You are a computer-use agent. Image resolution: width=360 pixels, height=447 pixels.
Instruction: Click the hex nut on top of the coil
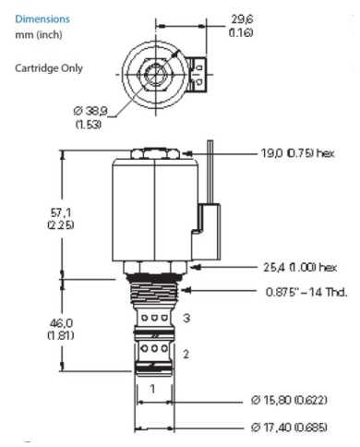click(155, 152)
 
